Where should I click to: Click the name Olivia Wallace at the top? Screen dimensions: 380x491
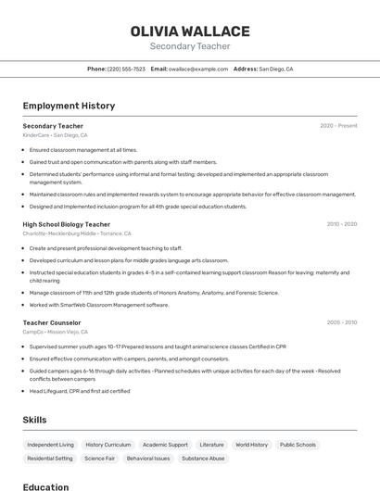coord(190,31)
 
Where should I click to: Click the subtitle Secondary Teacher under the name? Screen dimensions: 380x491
coord(190,46)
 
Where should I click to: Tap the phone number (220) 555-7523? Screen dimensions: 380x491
coord(126,69)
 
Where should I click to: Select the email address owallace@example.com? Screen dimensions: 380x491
coord(197,69)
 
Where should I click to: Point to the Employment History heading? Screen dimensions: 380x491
coord(69,107)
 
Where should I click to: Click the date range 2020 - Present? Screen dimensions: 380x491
coord(338,126)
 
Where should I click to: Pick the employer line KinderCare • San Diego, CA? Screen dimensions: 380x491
coord(56,135)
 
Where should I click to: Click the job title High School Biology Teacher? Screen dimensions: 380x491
coord(67,224)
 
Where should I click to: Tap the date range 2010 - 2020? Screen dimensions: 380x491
coord(342,224)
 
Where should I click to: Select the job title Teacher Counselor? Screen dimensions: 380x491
coord(52,322)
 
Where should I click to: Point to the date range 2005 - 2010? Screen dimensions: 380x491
coord(342,322)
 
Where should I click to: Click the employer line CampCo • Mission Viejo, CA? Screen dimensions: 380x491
coord(56,332)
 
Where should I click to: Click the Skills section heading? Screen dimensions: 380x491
coord(35,420)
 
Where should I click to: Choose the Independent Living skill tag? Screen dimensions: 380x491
coord(50,445)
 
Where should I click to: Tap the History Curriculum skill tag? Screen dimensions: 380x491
coord(108,445)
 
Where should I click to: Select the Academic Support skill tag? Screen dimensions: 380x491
coord(165,445)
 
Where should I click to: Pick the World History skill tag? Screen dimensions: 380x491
coord(251,445)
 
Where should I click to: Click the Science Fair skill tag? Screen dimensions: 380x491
coord(99,459)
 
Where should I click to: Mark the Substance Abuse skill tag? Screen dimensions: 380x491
coord(203,459)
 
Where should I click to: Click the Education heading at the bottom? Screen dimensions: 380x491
coord(46,486)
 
